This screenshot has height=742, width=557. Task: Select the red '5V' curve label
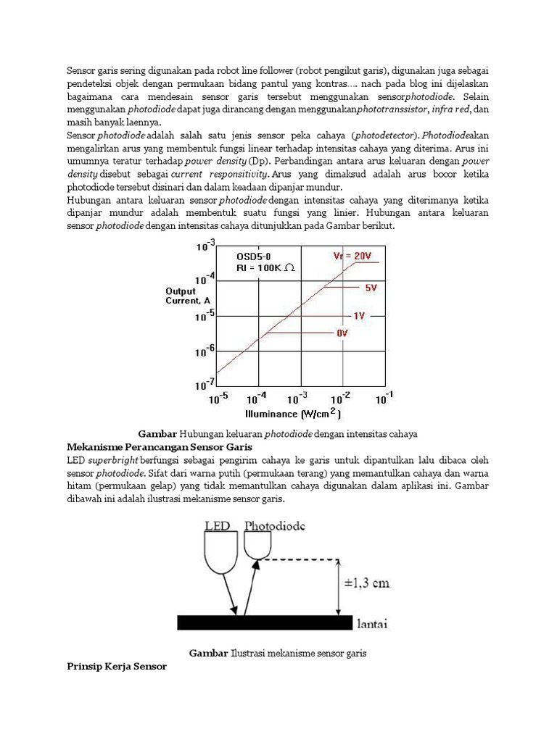click(371, 288)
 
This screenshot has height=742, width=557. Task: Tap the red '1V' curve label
click(359, 316)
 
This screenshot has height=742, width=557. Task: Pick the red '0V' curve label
click(342, 333)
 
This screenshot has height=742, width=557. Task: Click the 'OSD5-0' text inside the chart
click(254, 256)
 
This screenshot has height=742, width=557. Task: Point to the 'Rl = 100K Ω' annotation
click(265, 267)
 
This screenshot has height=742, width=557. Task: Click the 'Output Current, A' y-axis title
click(187, 296)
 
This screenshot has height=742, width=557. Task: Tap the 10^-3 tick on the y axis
click(205, 246)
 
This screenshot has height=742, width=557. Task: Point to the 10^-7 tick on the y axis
click(205, 383)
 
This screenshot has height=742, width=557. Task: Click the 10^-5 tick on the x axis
click(218, 399)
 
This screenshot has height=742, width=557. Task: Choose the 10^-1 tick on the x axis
click(384, 399)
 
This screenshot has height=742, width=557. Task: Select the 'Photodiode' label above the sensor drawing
click(274, 525)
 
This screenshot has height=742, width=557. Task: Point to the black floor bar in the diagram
click(265, 622)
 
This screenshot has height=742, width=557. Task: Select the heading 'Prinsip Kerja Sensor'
click(116, 666)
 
